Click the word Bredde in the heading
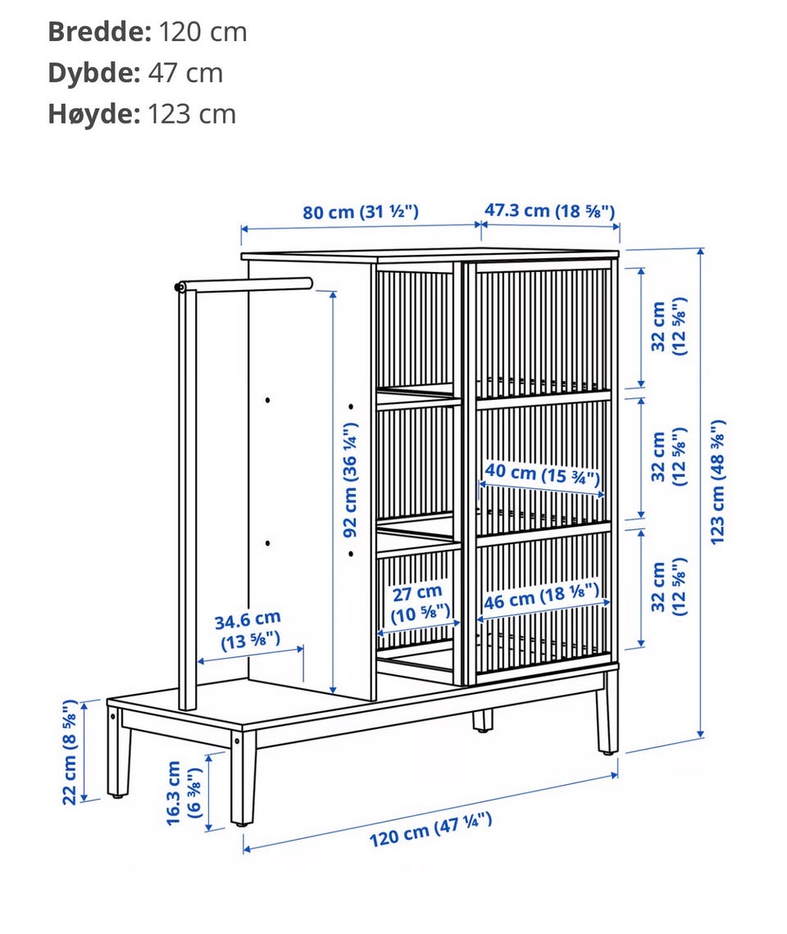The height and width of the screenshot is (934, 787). click(x=99, y=32)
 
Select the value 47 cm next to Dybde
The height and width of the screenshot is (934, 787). click(x=185, y=73)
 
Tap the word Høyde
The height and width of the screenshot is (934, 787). click(x=93, y=114)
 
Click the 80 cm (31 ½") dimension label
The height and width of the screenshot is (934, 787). click(x=361, y=212)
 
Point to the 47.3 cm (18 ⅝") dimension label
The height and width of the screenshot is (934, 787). click(x=549, y=211)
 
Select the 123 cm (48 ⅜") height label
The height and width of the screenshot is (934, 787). click(x=717, y=481)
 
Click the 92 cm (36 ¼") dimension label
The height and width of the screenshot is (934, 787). click(x=350, y=479)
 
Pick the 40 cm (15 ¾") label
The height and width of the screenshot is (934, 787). click(x=541, y=474)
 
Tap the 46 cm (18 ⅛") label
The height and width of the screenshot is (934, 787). click(x=541, y=596)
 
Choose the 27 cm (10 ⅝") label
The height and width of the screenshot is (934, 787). click(x=420, y=603)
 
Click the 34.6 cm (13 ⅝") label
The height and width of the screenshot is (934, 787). click(x=248, y=631)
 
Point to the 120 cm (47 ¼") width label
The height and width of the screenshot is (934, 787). click(x=430, y=829)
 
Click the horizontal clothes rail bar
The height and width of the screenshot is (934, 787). click(x=243, y=285)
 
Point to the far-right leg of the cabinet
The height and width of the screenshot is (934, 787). click(x=607, y=712)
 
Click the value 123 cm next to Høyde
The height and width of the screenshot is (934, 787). click(x=191, y=114)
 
